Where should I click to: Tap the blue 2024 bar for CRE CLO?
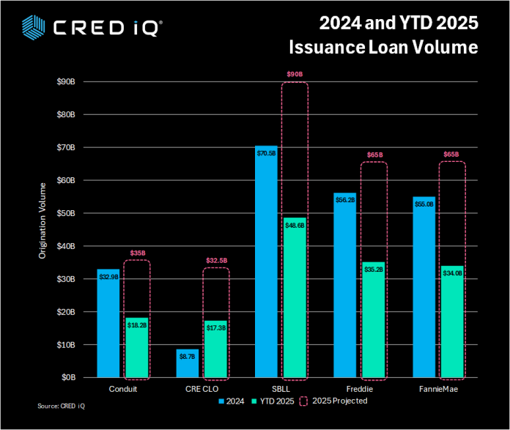(187, 363)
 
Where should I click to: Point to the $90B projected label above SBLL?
(294, 74)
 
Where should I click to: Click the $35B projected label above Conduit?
(137, 253)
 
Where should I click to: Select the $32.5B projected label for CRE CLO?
(215, 260)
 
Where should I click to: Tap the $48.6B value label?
(294, 226)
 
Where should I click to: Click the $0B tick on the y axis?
(67, 377)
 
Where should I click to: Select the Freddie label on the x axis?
(359, 389)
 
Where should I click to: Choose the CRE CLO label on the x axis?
(202, 389)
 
